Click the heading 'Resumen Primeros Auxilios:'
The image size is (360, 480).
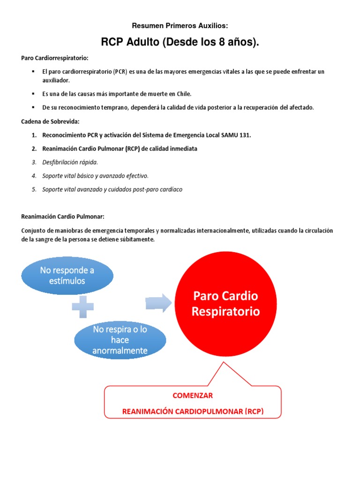click(x=180, y=26)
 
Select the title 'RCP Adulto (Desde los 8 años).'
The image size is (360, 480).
click(x=180, y=43)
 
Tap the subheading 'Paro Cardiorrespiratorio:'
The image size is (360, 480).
click(x=55, y=58)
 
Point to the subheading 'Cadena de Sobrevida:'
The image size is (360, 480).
click(x=50, y=121)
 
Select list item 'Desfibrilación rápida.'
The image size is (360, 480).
click(x=70, y=162)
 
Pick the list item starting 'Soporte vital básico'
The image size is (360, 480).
click(x=95, y=176)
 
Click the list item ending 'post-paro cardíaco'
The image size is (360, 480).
click(x=112, y=189)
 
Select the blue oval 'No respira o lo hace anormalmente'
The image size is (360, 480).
click(x=120, y=340)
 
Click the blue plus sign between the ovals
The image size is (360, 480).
click(x=82, y=307)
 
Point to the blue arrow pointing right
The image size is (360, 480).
click(x=158, y=303)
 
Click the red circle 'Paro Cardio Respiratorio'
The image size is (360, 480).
click(x=225, y=304)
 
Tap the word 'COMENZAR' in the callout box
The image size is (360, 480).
click(x=193, y=395)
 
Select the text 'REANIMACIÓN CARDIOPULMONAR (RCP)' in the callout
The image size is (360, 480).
click(x=193, y=412)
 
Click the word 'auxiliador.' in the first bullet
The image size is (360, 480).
click(x=56, y=80)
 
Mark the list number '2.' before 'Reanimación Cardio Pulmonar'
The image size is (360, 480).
click(x=34, y=149)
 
